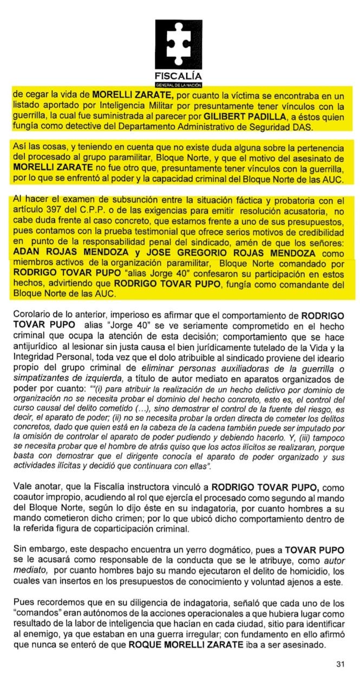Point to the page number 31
340,664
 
